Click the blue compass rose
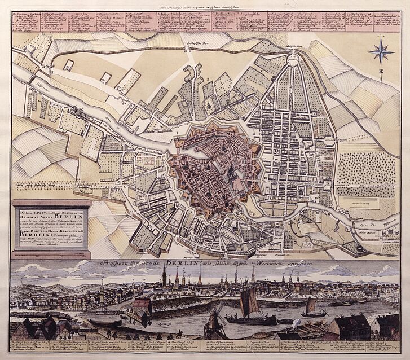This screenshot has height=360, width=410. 381,52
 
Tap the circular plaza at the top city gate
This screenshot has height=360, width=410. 293,59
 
